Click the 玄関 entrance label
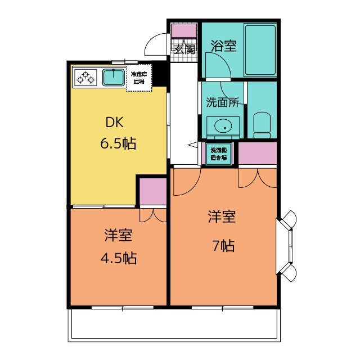click(184, 48)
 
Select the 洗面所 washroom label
click(223, 103)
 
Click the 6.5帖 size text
click(118, 143)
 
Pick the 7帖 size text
click(223, 246)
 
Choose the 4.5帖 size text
click(118, 258)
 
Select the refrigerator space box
click(138, 78)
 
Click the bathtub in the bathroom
click(260, 49)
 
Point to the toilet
click(262, 124)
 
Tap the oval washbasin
click(223, 125)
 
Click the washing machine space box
click(218, 154)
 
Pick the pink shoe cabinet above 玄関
click(184, 30)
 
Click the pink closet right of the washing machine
click(258, 154)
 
